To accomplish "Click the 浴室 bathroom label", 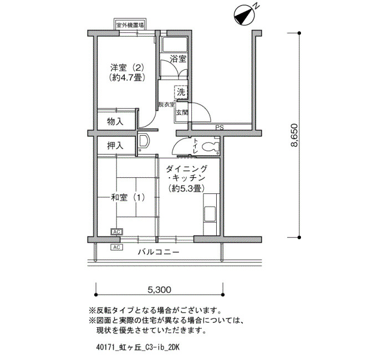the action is coord(178,59).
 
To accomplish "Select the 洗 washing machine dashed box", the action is coord(181,92).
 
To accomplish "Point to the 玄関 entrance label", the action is coord(182,113).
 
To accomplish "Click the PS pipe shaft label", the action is coord(219,127).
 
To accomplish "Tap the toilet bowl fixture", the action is coord(211,147).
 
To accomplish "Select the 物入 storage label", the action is coord(115,121).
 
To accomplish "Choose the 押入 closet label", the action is coord(115,146).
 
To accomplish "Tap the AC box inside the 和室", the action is coord(116,232).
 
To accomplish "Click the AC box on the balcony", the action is coord(116,247).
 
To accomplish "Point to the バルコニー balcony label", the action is coord(159,252).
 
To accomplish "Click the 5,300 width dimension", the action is coord(160,289).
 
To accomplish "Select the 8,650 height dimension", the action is coord(295,135).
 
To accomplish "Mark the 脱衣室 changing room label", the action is coord(166,105).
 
